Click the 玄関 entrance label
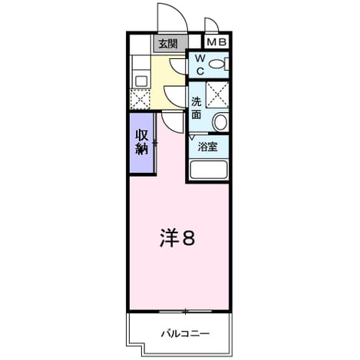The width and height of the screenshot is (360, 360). coord(168,44)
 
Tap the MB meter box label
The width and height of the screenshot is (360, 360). coord(216,42)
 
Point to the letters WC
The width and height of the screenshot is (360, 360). coord(200,65)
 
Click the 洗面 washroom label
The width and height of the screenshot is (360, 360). coord(197,108)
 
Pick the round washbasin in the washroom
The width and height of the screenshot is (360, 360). coord(220,122)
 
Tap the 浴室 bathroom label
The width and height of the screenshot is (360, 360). coord(207,147)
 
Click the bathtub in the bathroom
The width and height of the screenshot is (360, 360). coord(209,170)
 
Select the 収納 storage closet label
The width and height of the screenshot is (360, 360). coord(142,142)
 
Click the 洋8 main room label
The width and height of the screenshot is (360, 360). coord(177,237)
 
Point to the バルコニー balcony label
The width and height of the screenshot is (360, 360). coord(185,334)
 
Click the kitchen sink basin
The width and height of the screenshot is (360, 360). coord(140,81)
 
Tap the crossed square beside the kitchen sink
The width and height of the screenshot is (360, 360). coord(140,99)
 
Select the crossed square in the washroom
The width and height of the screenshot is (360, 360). coord(217,94)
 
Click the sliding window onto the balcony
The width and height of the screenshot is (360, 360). coord(185,312)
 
